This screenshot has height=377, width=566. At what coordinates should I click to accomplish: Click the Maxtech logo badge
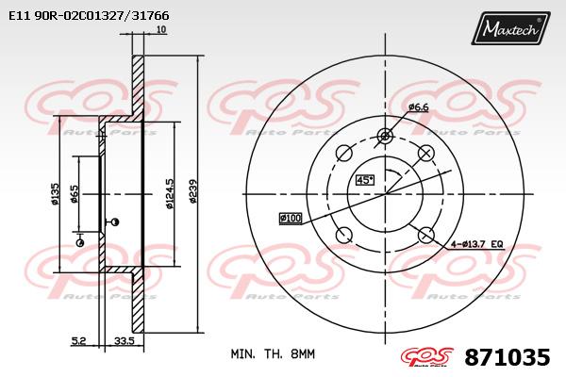click(x=510, y=28)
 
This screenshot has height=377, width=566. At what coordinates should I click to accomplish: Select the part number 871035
click(x=508, y=357)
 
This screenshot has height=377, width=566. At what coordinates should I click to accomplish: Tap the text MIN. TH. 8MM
click(x=273, y=354)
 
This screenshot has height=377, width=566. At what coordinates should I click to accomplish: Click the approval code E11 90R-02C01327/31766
click(x=89, y=16)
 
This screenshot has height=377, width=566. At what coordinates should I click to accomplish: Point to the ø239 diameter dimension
click(x=193, y=190)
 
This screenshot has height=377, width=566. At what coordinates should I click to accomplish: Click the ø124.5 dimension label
click(x=169, y=193)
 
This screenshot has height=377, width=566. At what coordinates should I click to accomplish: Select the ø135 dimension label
click(x=56, y=194)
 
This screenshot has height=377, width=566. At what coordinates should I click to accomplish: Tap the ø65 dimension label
click(x=75, y=194)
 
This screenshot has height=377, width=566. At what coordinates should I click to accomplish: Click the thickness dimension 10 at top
click(x=162, y=29)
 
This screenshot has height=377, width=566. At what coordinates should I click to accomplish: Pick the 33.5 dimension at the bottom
click(x=125, y=340)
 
